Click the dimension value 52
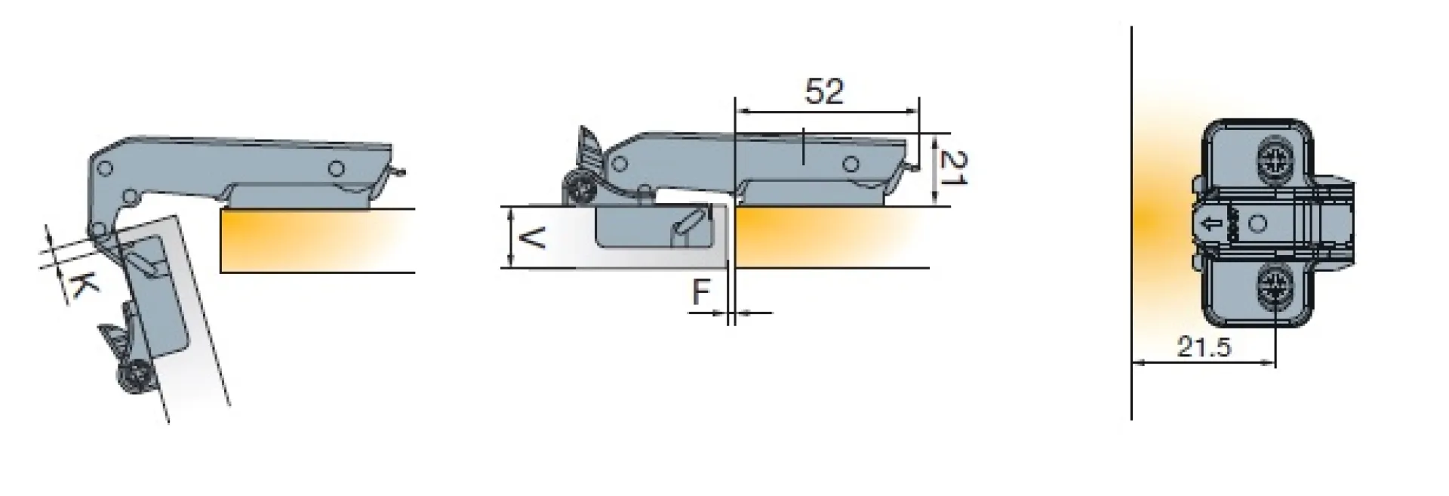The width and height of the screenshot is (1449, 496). tap(824, 92)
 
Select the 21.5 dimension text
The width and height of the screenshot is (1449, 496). tap(1204, 347)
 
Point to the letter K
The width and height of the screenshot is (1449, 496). tap(82, 285)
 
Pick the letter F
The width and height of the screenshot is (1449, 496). tap(703, 292)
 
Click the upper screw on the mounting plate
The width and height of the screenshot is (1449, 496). tap(1274, 159)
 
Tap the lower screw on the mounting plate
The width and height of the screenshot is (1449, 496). tap(1274, 288)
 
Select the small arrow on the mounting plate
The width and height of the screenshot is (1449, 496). tap(1207, 223)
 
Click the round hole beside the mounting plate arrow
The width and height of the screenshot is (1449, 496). tap(1257, 223)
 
